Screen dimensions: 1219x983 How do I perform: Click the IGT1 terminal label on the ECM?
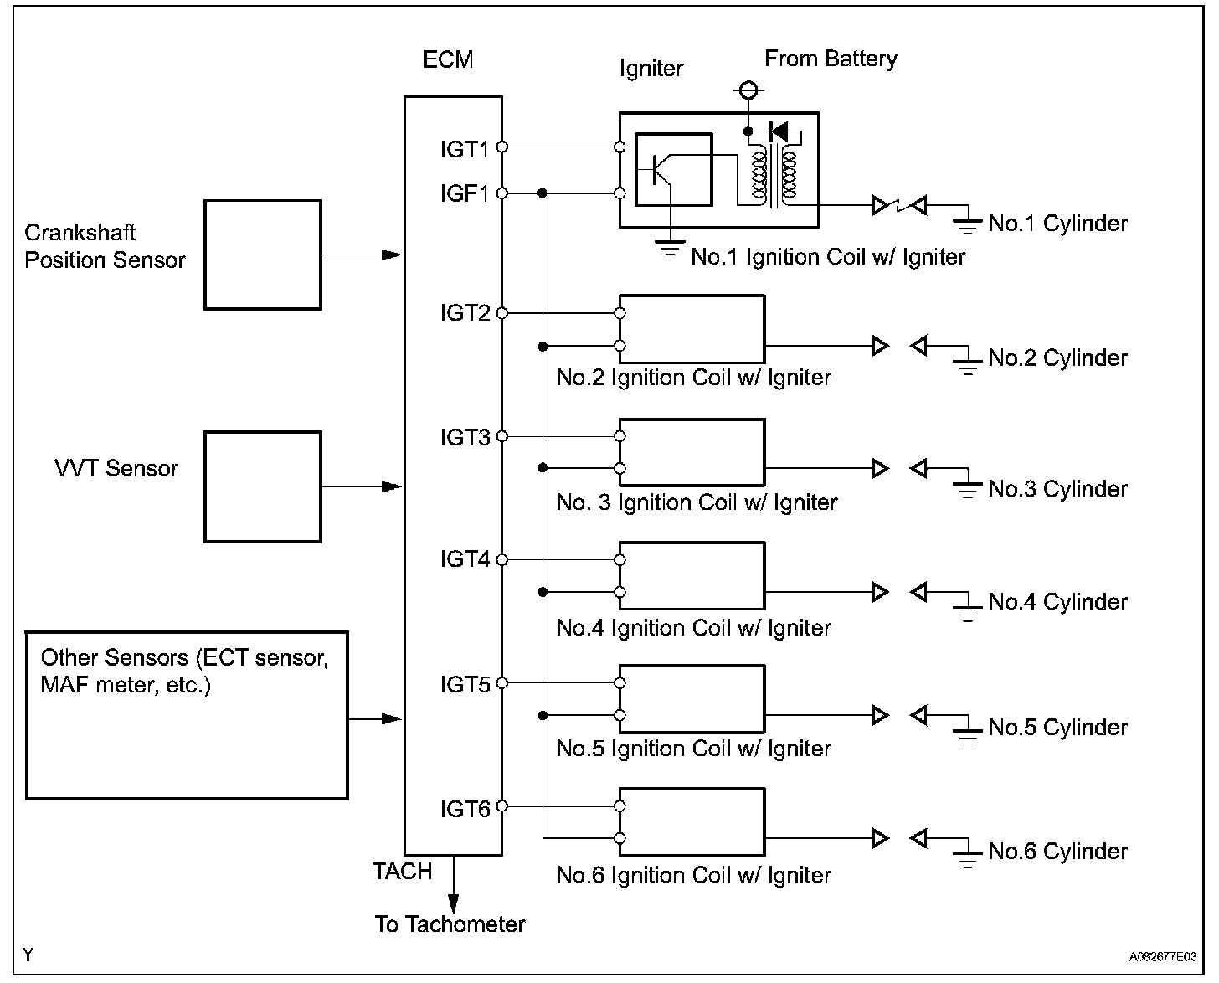click(x=464, y=150)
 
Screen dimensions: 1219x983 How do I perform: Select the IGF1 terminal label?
click(x=464, y=193)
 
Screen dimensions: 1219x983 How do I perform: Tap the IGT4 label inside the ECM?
click(x=465, y=559)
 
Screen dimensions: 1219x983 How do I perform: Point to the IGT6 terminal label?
click(x=465, y=810)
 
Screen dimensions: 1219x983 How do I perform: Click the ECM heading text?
click(x=448, y=59)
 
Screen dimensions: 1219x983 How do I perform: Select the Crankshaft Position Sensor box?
click(x=263, y=255)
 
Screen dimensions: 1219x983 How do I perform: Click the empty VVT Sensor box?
click(x=263, y=486)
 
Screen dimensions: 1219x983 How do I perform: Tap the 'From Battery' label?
click(x=831, y=59)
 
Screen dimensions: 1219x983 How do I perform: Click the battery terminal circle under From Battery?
click(x=748, y=90)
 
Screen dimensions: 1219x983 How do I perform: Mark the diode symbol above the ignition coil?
click(x=779, y=131)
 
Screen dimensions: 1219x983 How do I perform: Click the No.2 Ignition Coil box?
click(x=692, y=328)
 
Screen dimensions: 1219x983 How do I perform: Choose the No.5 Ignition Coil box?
click(x=692, y=699)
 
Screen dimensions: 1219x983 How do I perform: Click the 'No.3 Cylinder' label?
click(x=1057, y=489)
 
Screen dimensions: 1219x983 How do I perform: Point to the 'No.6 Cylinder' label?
click(x=1057, y=852)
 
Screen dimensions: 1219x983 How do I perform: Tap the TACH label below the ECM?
click(x=403, y=872)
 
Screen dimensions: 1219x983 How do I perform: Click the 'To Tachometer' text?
click(x=450, y=924)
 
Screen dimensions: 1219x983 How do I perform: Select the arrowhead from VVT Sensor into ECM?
click(x=392, y=486)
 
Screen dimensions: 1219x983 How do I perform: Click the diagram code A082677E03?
click(x=1162, y=957)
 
